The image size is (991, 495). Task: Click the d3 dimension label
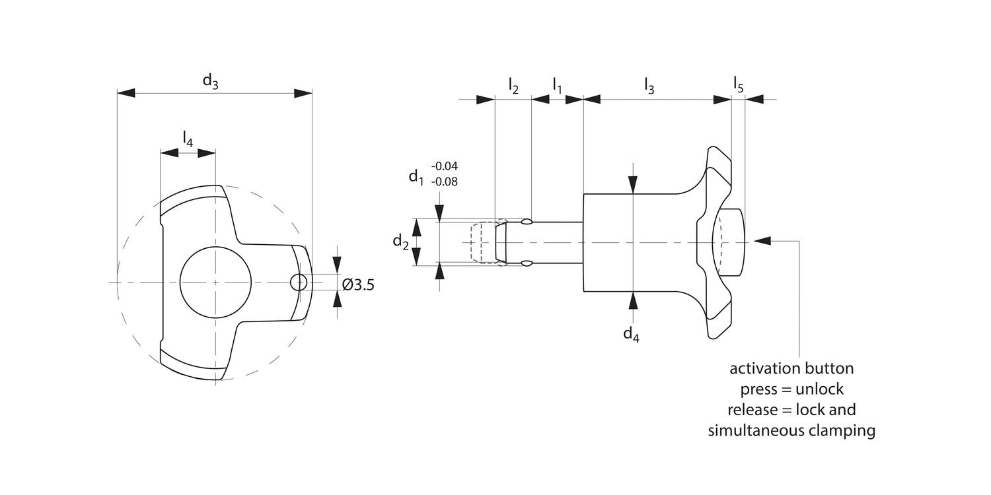[211, 81]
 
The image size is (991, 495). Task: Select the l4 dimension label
[188, 139]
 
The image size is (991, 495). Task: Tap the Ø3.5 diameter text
[358, 284]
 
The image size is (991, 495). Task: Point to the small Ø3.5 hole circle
[299, 282]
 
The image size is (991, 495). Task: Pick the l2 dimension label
[513, 86]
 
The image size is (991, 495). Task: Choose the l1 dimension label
[557, 86]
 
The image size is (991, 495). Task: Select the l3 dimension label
[649, 86]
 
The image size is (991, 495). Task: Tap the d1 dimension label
[416, 178]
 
